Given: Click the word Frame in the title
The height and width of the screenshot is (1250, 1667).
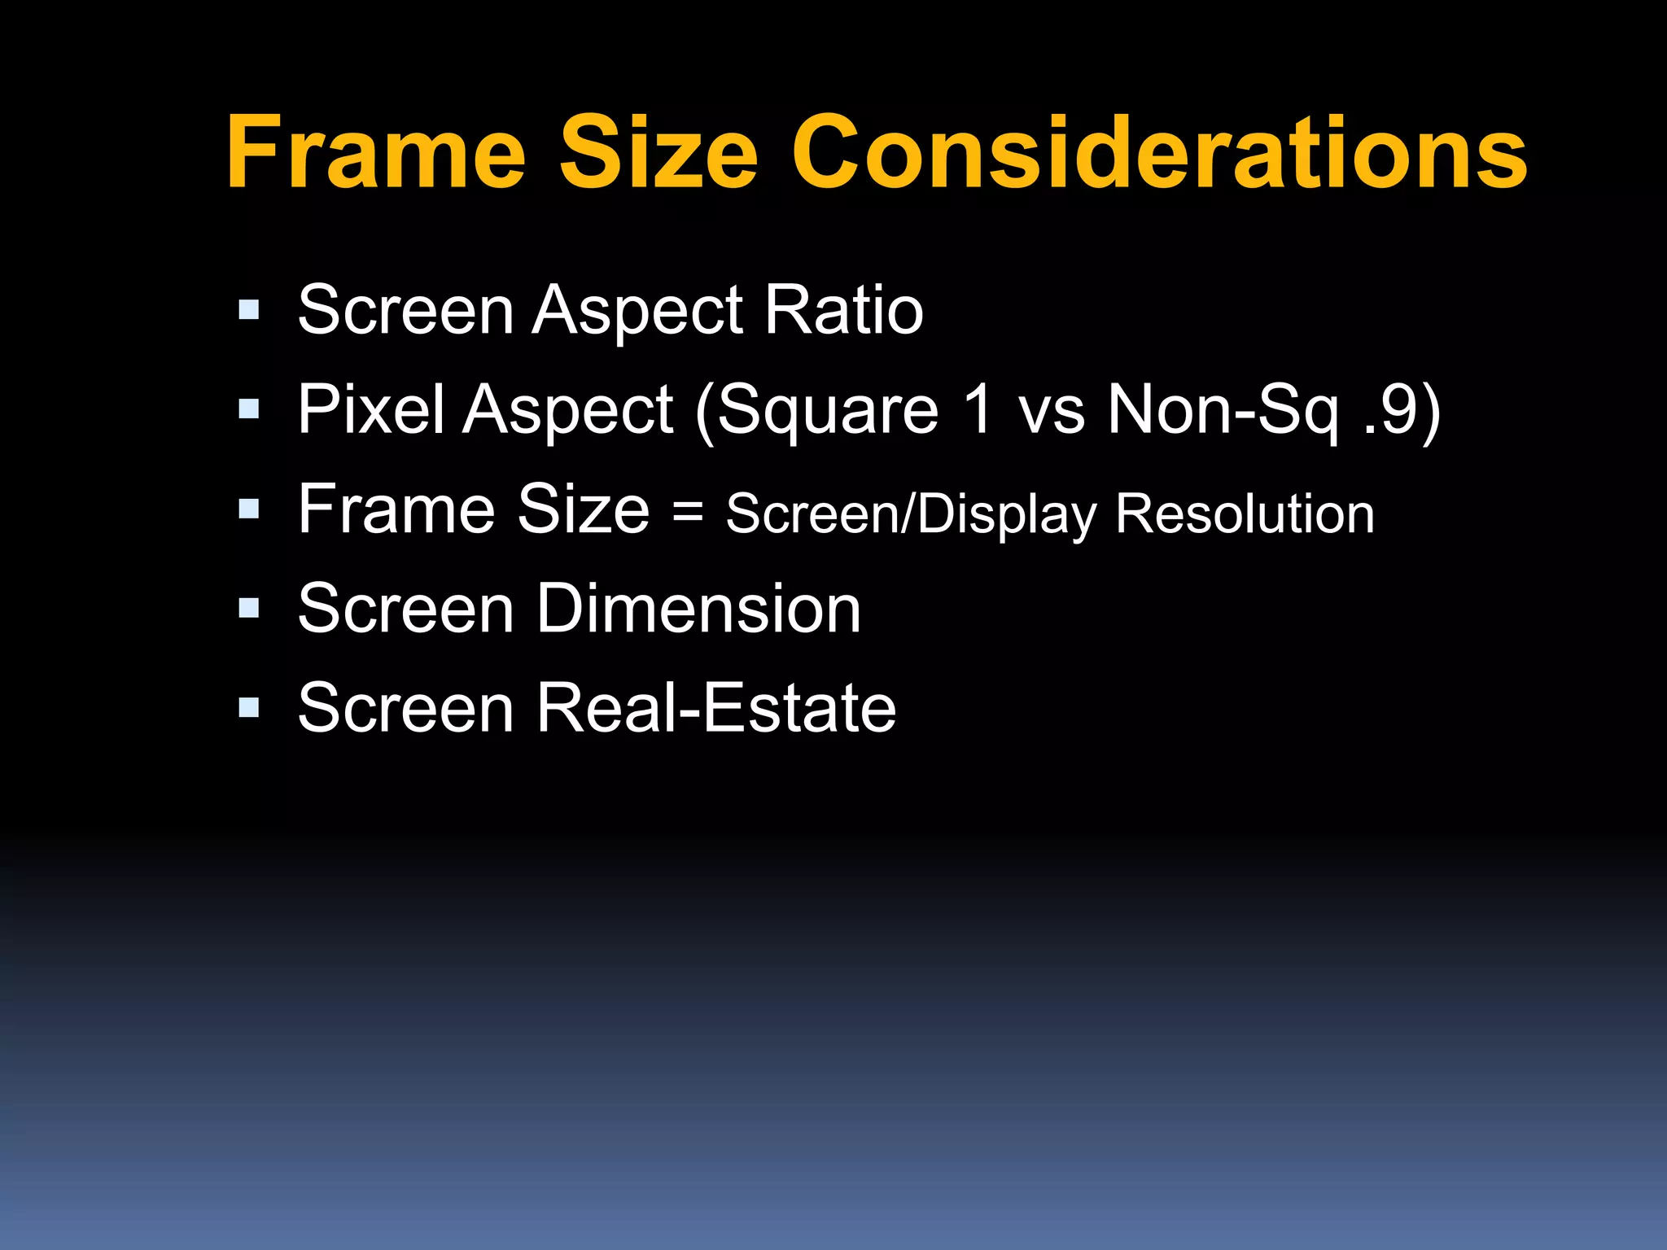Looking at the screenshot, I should tap(376, 152).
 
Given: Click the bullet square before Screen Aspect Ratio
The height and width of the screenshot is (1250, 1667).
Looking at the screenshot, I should tap(249, 309).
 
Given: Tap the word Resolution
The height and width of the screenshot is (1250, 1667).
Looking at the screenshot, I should tap(1245, 514).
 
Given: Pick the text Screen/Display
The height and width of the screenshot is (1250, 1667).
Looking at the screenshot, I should tap(912, 515).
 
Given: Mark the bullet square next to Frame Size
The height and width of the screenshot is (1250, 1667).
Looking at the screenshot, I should tap(249, 509).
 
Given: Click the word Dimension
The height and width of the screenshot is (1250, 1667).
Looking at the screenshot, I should tap(698, 609).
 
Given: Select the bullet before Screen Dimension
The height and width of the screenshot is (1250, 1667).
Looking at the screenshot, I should tap(249, 608).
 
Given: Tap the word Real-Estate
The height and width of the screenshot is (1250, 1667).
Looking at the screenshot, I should tap(716, 708).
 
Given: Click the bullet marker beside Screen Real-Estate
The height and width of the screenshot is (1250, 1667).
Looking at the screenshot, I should tap(249, 707).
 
